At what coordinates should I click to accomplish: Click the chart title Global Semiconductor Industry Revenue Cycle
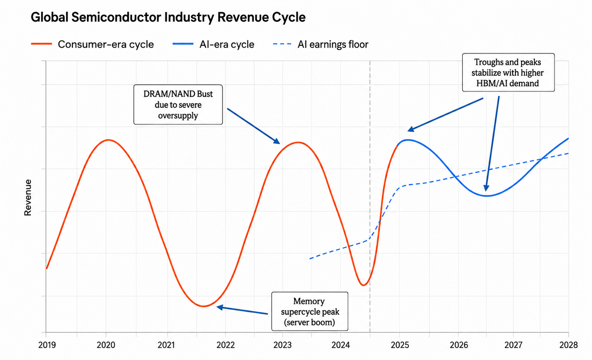click(168, 17)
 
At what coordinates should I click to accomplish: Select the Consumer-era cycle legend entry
click(92, 45)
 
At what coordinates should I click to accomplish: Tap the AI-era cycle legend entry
click(213, 45)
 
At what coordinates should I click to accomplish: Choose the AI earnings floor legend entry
click(320, 45)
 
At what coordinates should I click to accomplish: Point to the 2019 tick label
click(47, 345)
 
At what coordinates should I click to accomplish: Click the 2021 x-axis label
click(166, 345)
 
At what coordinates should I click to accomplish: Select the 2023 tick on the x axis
click(282, 345)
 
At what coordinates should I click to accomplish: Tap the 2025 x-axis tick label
click(400, 345)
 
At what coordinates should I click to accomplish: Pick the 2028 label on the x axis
click(568, 345)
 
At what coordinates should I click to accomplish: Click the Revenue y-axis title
click(28, 198)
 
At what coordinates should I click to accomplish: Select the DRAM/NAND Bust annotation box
click(178, 105)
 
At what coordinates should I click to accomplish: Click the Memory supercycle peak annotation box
click(310, 311)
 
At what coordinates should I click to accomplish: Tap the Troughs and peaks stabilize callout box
click(508, 73)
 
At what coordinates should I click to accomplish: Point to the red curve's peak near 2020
click(109, 140)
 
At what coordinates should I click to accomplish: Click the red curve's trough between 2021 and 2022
click(203, 306)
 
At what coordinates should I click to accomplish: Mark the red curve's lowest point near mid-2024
click(364, 285)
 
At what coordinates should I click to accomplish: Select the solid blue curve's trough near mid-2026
click(486, 196)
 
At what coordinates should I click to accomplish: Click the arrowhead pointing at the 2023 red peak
click(277, 141)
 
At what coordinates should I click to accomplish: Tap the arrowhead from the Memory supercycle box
click(220, 307)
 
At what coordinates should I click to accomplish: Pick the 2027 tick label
click(513, 345)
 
